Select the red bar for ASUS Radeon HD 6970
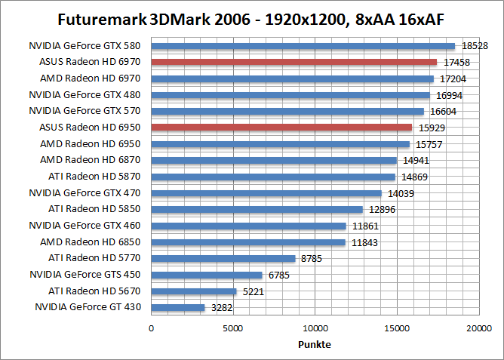(294, 62)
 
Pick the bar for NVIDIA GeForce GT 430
(178, 307)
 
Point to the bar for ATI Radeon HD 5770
(223, 258)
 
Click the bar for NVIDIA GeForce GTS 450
(207, 275)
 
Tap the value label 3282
(222, 307)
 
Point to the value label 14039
(400, 193)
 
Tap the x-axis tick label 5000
(233, 328)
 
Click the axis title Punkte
(315, 344)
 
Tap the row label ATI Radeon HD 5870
(96, 177)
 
